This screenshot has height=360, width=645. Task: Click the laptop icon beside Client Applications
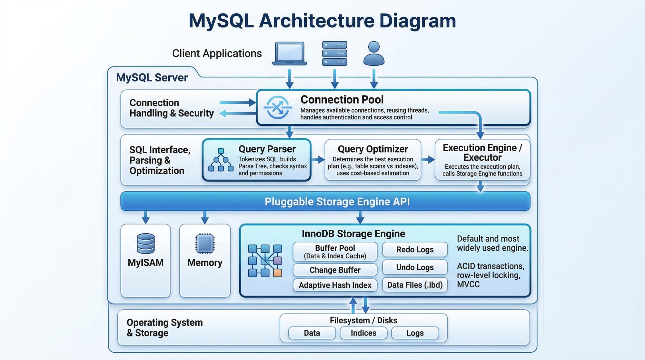[x=290, y=53]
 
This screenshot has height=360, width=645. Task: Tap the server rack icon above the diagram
[x=335, y=53]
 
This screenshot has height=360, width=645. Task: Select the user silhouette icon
[x=374, y=53]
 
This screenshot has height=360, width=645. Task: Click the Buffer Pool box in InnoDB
[x=335, y=252]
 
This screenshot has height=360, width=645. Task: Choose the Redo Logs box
[x=415, y=249]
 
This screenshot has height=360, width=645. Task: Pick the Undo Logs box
[x=415, y=267]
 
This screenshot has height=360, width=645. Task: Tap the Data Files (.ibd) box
[x=415, y=285]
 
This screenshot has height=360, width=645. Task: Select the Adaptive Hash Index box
[x=335, y=285]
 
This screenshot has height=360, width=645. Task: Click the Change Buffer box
[x=335, y=270]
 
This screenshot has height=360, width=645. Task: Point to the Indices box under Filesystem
[x=363, y=333]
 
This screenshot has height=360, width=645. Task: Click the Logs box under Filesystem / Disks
[x=415, y=333]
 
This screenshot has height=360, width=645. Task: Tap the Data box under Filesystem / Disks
[x=312, y=333]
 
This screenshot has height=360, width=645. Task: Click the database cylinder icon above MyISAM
[x=146, y=244]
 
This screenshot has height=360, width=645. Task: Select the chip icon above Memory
[x=205, y=243]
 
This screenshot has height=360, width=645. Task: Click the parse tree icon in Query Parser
[x=221, y=160]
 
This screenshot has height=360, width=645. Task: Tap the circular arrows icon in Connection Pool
[x=278, y=107]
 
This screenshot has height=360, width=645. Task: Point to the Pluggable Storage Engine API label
[x=337, y=202]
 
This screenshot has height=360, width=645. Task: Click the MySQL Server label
[x=152, y=77]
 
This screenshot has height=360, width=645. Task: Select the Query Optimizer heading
[x=373, y=149]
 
